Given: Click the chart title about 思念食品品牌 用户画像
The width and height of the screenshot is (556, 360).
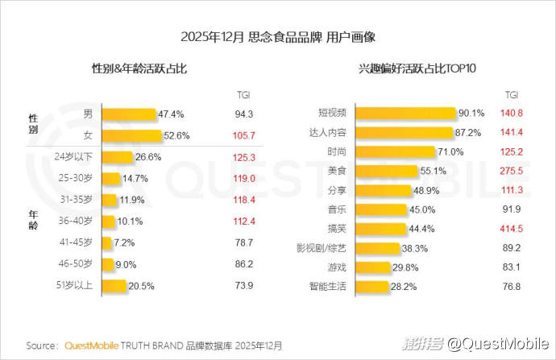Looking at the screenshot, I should click(x=278, y=37).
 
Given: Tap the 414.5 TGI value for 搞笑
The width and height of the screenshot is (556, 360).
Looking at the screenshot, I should click(x=512, y=228).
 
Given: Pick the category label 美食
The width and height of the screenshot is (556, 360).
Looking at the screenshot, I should click(x=337, y=171).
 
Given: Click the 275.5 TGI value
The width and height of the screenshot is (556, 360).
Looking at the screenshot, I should click(x=512, y=171).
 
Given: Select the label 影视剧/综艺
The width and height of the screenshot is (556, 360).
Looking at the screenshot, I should click(x=322, y=247).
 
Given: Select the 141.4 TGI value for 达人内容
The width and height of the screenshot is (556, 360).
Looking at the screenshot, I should click(x=512, y=132).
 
